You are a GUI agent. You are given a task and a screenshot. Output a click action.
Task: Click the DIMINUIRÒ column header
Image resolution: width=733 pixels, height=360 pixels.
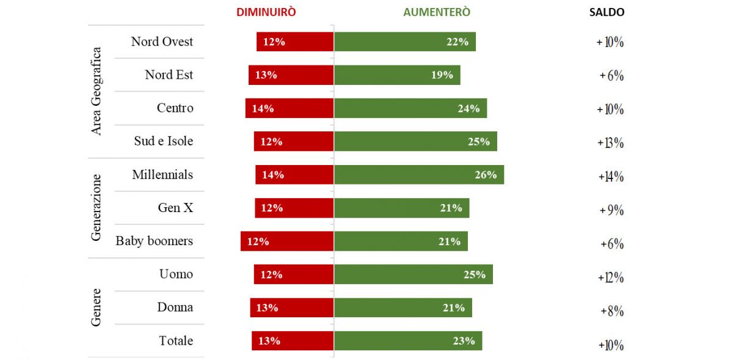tap(266, 12)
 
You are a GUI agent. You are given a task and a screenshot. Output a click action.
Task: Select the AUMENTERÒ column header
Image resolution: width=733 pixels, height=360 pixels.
tap(437, 12)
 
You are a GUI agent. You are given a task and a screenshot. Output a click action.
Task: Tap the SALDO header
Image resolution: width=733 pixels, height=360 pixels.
tap(607, 12)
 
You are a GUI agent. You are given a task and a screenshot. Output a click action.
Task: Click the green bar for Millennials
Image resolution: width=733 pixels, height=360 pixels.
tap(418, 175)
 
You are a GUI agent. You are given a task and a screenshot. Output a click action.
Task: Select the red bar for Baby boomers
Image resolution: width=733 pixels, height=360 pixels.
tap(287, 241)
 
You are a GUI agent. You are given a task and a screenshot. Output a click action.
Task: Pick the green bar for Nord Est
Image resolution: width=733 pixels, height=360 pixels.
tap(397, 75)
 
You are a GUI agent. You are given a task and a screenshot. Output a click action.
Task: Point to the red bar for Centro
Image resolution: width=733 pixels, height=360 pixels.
tap(290, 108)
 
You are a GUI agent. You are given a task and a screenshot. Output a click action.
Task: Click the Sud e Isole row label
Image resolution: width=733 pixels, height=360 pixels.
tap(163, 141)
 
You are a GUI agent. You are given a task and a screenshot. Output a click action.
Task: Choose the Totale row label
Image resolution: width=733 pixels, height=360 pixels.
tap(176, 341)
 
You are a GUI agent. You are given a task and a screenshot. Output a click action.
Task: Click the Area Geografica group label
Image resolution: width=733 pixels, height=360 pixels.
tap(96, 91)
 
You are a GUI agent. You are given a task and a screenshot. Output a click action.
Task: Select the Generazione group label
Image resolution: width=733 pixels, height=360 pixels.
tap(96, 208)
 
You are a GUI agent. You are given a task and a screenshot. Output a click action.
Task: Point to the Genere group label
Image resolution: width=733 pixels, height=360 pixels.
tap(96, 307)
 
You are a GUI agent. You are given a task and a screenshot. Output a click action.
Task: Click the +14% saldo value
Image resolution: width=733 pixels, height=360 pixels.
tap(611, 177)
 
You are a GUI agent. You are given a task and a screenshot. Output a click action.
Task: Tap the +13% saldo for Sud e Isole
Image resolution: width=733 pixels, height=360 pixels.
tap(611, 143)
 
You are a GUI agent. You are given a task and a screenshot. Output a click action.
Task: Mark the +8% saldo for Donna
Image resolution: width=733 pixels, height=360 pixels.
tap(611, 311)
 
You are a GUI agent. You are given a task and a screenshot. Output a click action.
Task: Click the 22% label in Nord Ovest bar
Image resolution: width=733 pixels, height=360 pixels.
tap(457, 42)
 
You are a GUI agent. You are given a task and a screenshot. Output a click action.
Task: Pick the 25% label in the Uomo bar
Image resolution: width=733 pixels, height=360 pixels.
tap(474, 275)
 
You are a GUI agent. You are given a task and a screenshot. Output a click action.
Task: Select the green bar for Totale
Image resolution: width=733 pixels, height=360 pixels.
tap(408, 341)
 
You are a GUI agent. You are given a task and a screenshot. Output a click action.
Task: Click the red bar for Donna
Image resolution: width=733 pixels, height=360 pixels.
tap(292, 308)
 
